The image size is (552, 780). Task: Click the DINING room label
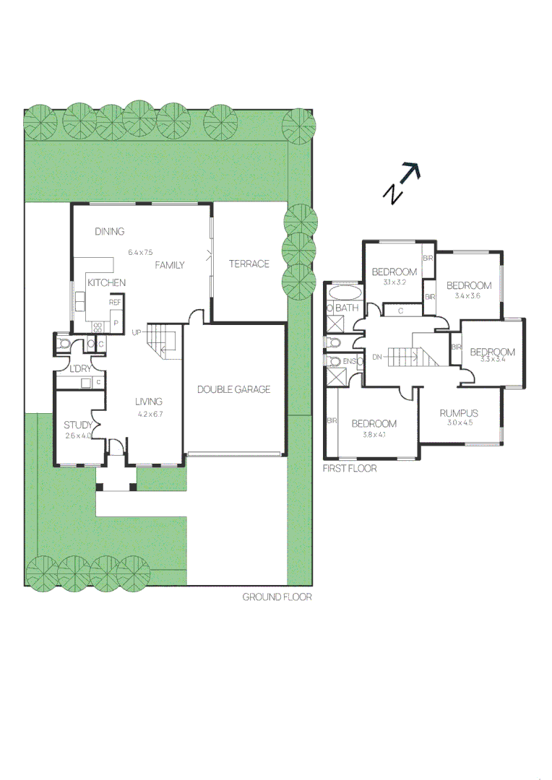point(110,232)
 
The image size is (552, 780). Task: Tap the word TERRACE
point(249,264)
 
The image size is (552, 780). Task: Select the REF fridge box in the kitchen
point(115,303)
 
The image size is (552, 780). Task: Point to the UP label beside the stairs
point(137,332)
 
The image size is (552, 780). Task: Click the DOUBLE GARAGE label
point(233,389)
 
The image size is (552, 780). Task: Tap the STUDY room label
point(77,425)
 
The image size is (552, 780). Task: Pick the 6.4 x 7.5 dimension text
point(141,253)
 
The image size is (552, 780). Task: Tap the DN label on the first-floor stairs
point(376,357)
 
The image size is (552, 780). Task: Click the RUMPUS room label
point(459,413)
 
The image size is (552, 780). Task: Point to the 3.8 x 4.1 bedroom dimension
point(374,435)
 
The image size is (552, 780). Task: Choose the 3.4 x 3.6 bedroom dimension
point(468,295)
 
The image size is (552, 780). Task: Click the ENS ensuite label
point(350,361)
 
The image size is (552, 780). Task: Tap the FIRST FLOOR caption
point(350,469)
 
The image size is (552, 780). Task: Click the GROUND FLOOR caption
point(277,597)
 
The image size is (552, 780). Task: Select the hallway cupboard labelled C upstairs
point(400,311)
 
